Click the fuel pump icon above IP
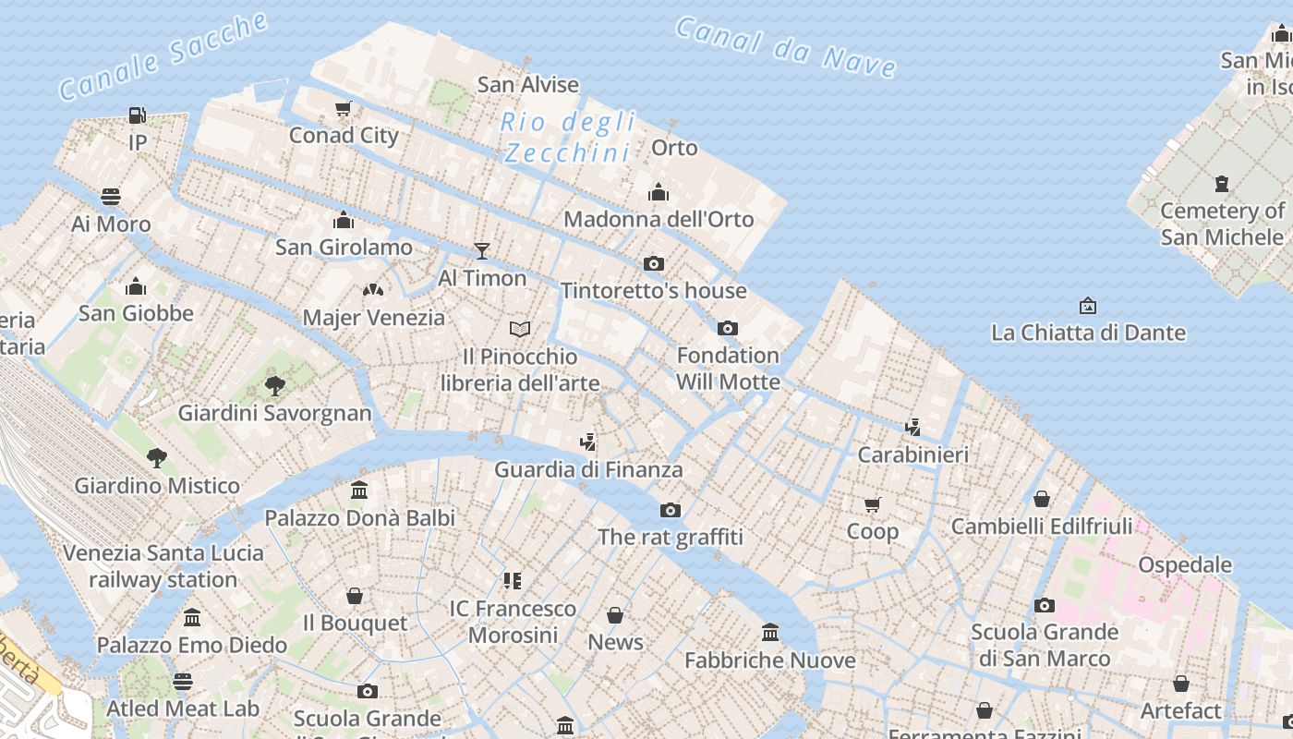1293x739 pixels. coord(137,115)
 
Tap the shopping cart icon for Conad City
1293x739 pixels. coord(344,109)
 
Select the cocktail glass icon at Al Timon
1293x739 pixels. coord(481,250)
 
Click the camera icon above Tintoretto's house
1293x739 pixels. coord(654,263)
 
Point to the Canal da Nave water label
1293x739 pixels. coord(785,46)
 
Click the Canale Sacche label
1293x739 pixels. coord(163,56)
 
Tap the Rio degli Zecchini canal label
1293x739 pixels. coord(568,137)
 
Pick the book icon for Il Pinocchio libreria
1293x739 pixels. coord(520,329)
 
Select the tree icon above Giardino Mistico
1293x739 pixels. coord(157,457)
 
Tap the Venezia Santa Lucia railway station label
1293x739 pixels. coord(163,566)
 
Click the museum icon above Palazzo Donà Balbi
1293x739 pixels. coord(359,491)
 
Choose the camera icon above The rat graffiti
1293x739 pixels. coord(671,510)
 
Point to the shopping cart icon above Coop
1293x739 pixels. coord(873,504)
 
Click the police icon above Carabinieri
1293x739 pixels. coord(913,427)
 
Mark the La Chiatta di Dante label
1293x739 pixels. coord(1088,333)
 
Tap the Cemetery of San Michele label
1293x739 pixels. coord(1222,224)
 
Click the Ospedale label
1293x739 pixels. coord(1185,564)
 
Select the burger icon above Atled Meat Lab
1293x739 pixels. coord(183,682)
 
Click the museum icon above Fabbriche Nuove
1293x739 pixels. coord(770,633)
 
